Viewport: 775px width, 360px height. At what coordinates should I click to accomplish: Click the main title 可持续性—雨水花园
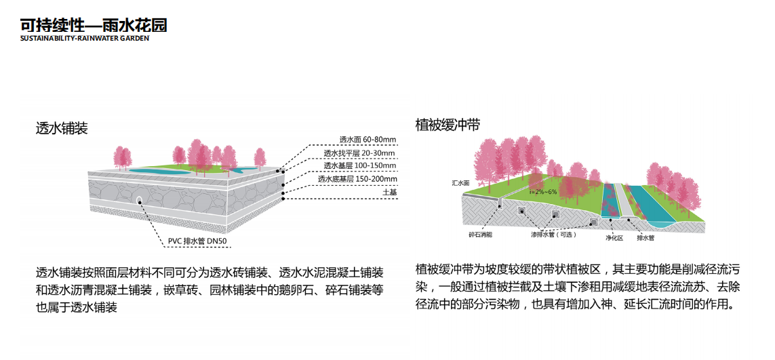pos(94,26)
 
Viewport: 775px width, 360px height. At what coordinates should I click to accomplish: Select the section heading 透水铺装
pos(62,128)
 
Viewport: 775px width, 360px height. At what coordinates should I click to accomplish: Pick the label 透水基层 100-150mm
pos(360,165)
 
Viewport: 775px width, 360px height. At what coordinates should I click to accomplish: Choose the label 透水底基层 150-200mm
pos(357,179)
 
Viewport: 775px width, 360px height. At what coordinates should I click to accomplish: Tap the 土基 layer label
pos(389,192)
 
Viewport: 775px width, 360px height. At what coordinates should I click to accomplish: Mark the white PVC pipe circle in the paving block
pos(139,200)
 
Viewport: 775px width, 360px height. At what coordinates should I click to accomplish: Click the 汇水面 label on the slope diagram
pos(461,183)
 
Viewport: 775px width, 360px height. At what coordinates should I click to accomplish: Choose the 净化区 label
pos(614,238)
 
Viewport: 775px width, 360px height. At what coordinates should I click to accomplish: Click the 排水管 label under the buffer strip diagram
pos(645,238)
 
